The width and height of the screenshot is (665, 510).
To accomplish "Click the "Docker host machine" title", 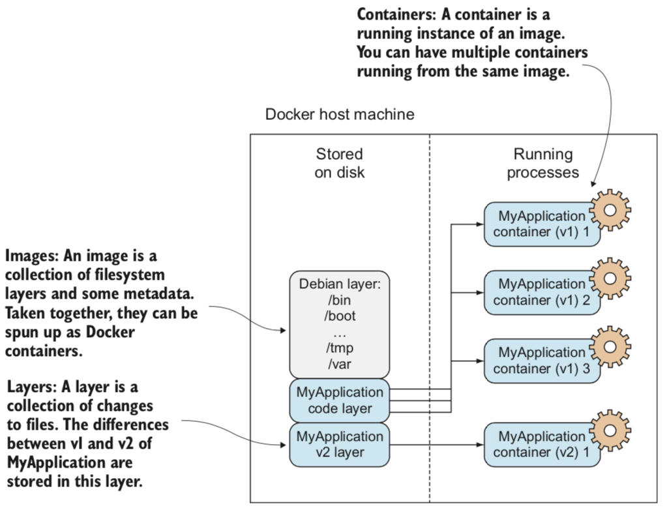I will [339, 115].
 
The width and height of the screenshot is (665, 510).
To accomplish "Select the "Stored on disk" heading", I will [339, 164].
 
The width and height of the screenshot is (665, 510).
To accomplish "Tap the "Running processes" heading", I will [542, 164].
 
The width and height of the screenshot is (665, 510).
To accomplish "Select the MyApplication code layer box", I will [339, 400].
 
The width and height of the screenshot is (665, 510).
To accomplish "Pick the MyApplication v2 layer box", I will [339, 445].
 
